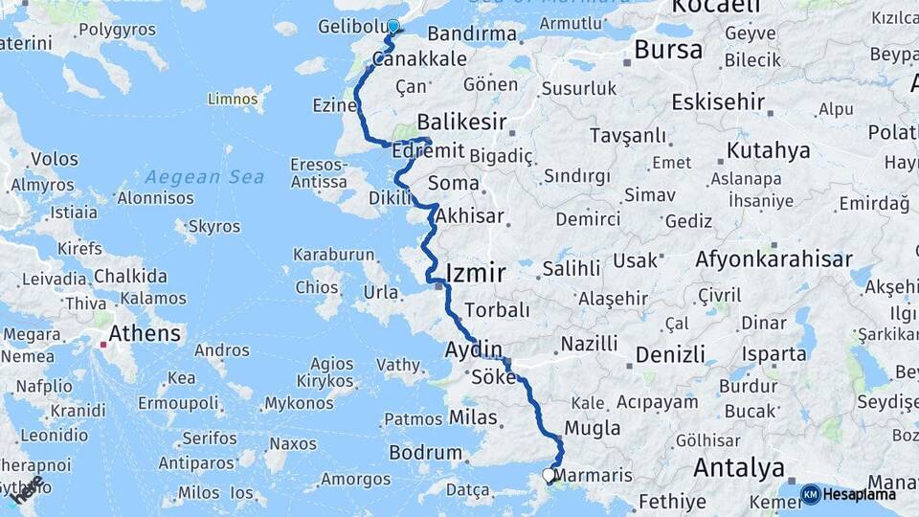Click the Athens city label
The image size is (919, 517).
point(145,333)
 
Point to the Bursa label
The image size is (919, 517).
point(668,50)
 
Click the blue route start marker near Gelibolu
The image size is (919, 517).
point(392,26)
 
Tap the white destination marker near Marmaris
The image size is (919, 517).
point(549,474)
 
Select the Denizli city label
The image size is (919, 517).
point(670,355)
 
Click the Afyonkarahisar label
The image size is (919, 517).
point(773,259)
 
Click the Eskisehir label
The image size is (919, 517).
point(718,101)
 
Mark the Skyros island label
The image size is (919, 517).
point(214,227)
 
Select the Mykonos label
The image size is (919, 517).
point(299,403)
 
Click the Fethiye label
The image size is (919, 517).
point(672,500)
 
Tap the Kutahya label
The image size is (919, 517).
point(768,151)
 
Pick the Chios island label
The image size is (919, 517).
point(317,287)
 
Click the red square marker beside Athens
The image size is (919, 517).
point(101,338)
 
